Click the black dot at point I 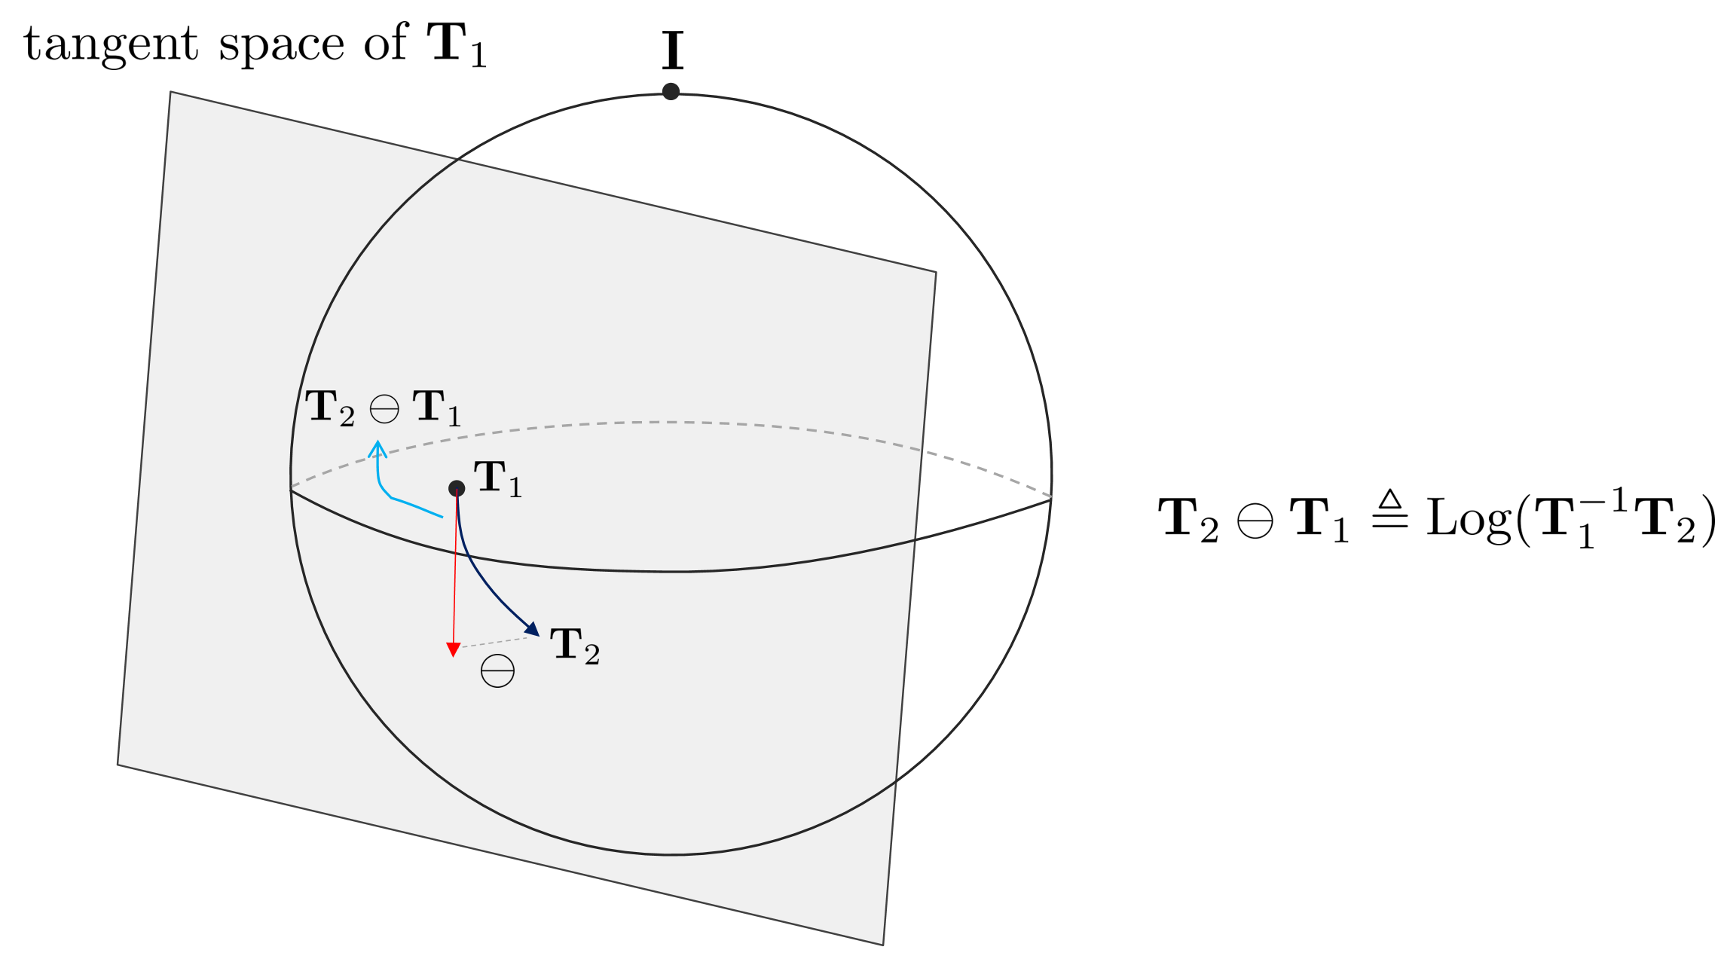coord(671,92)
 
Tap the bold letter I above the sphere coord(672,50)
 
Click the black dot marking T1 coord(457,488)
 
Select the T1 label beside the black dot coord(497,479)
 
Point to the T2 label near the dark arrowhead coord(575,646)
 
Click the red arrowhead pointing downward coord(453,650)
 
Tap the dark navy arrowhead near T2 coord(533,629)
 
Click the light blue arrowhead coord(378,450)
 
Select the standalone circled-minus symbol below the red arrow coord(497,670)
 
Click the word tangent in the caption coord(111,44)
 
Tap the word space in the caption coord(281,47)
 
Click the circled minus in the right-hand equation coord(1255,521)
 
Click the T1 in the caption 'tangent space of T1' coord(457,44)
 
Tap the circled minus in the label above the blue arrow coord(384,409)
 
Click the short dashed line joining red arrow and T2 coord(494,642)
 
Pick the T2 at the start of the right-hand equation coord(1188,520)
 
